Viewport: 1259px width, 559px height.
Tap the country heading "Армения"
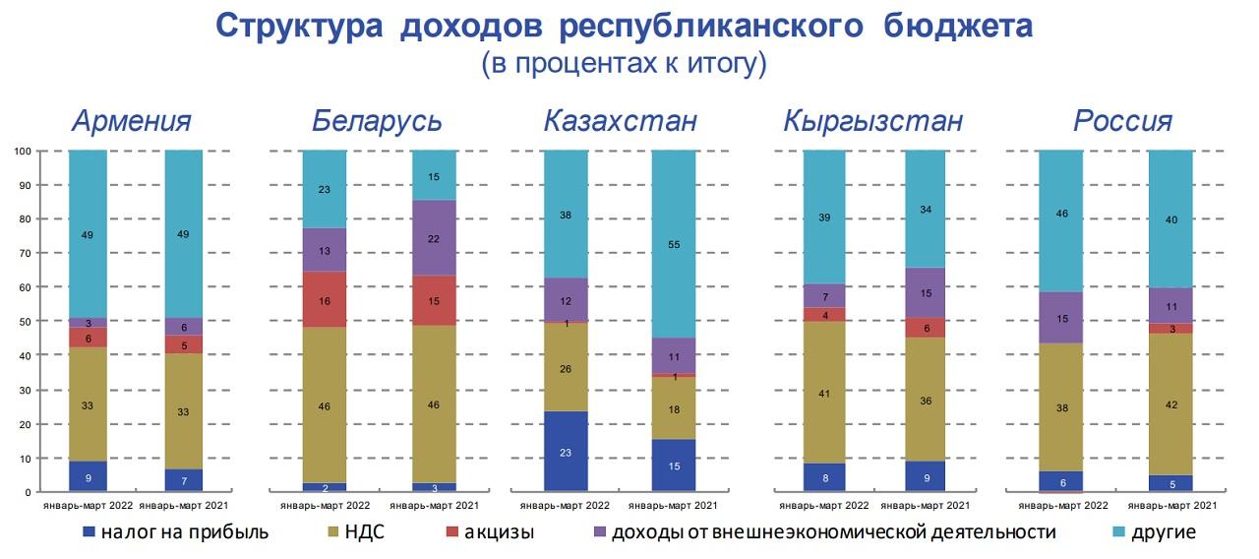pyautogui.click(x=133, y=121)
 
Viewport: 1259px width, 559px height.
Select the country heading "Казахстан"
pyautogui.click(x=621, y=121)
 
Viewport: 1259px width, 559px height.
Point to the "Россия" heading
pyautogui.click(x=1123, y=121)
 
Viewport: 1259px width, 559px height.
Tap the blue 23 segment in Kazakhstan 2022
pyautogui.click(x=566, y=452)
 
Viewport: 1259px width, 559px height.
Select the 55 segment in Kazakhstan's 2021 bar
pyautogui.click(x=674, y=244)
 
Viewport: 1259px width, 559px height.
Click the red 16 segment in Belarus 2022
pyautogui.click(x=324, y=299)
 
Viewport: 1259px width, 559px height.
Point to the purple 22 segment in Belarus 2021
pyautogui.click(x=434, y=237)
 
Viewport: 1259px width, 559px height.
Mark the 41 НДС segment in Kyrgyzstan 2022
pyautogui.click(x=824, y=392)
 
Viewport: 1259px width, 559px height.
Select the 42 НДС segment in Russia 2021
pyautogui.click(x=1170, y=404)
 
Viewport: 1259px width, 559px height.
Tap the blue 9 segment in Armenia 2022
pyautogui.click(x=89, y=476)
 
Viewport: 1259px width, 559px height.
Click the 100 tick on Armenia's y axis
pyautogui.click(x=24, y=151)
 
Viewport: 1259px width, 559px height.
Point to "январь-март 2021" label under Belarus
pyautogui.click(x=433, y=505)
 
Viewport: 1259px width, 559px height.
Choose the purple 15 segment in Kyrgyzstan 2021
pyautogui.click(x=925, y=292)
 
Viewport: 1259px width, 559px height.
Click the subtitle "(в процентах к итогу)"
pyautogui.click(x=624, y=64)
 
